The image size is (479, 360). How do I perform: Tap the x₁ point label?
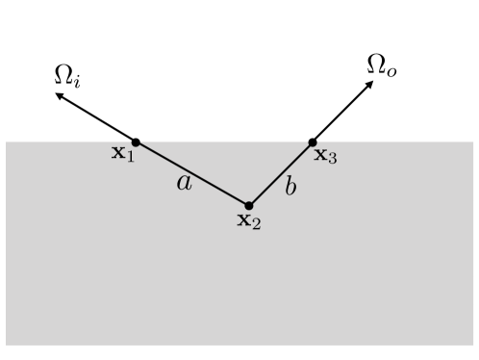pyautogui.click(x=122, y=153)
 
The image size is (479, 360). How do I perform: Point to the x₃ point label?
pyautogui.click(x=325, y=155)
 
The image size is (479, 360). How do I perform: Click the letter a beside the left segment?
pyautogui.click(x=185, y=182)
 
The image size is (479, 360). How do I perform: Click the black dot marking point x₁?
pyautogui.click(x=136, y=142)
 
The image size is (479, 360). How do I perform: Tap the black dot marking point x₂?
pyautogui.click(x=249, y=205)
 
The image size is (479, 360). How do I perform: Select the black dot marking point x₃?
pyautogui.click(x=313, y=143)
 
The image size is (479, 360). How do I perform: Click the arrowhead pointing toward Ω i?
pyautogui.click(x=58, y=95)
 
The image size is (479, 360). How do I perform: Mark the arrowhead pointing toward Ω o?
pyautogui.click(x=370, y=85)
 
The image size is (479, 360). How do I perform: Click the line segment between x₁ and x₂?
pyautogui.click(x=192, y=174)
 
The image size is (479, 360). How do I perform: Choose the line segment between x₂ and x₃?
pyautogui.click(x=281, y=174)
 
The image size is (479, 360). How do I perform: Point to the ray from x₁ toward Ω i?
pyautogui.click(x=96, y=118)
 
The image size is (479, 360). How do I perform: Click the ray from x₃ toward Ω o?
pyautogui.click(x=341, y=114)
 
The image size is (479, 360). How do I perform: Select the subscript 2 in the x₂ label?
pyautogui.click(x=257, y=224)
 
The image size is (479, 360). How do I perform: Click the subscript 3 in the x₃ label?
pyautogui.click(x=333, y=159)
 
